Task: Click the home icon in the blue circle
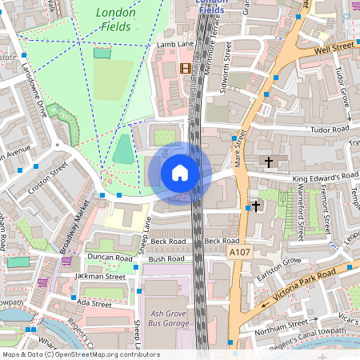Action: click(x=180, y=173)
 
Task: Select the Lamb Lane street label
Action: click(x=177, y=45)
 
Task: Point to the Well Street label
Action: click(x=334, y=49)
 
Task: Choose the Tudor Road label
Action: click(x=330, y=128)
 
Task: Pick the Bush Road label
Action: click(x=166, y=259)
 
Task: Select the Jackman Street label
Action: click(x=100, y=277)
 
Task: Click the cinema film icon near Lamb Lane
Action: click(x=186, y=68)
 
